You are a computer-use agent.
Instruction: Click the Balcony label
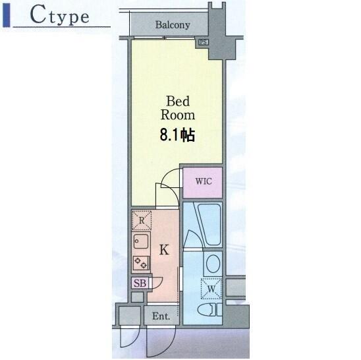pos(173,25)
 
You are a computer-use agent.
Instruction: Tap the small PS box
pos(204,42)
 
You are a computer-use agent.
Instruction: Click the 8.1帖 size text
pos(177,135)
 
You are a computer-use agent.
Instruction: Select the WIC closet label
pos(204,181)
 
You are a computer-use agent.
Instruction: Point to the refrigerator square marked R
pos(142,220)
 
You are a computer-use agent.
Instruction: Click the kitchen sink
pos(141,241)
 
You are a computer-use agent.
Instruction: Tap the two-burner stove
pos(141,263)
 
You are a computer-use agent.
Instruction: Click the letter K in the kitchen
pos(164,249)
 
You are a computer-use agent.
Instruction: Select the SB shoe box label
pos(140,283)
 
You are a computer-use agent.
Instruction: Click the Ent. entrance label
pos(161,316)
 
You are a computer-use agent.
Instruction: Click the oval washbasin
pos(213,263)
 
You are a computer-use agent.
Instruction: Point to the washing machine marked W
pos(211,289)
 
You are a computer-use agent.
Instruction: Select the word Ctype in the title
pos(60,15)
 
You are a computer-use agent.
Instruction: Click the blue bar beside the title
pos(7,15)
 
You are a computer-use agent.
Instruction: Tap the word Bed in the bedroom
pos(178,101)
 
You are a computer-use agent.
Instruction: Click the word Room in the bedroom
pos(178,115)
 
